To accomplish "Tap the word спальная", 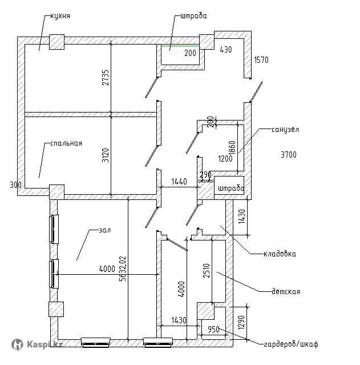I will (66, 143).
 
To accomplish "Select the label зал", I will (104, 230).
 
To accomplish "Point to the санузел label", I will (285, 130).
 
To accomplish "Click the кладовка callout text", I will (280, 254).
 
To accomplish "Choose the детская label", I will (285, 292).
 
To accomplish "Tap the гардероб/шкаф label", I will (291, 344).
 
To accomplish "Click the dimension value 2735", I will (106, 78).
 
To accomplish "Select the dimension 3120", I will (106, 155).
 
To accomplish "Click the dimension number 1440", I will (179, 182).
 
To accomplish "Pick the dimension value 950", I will (213, 330).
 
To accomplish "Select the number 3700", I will (289, 154).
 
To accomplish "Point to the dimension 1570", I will (261, 59).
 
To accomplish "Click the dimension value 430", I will (226, 50).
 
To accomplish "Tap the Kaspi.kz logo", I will (38, 344).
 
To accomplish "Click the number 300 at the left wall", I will (15, 184).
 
